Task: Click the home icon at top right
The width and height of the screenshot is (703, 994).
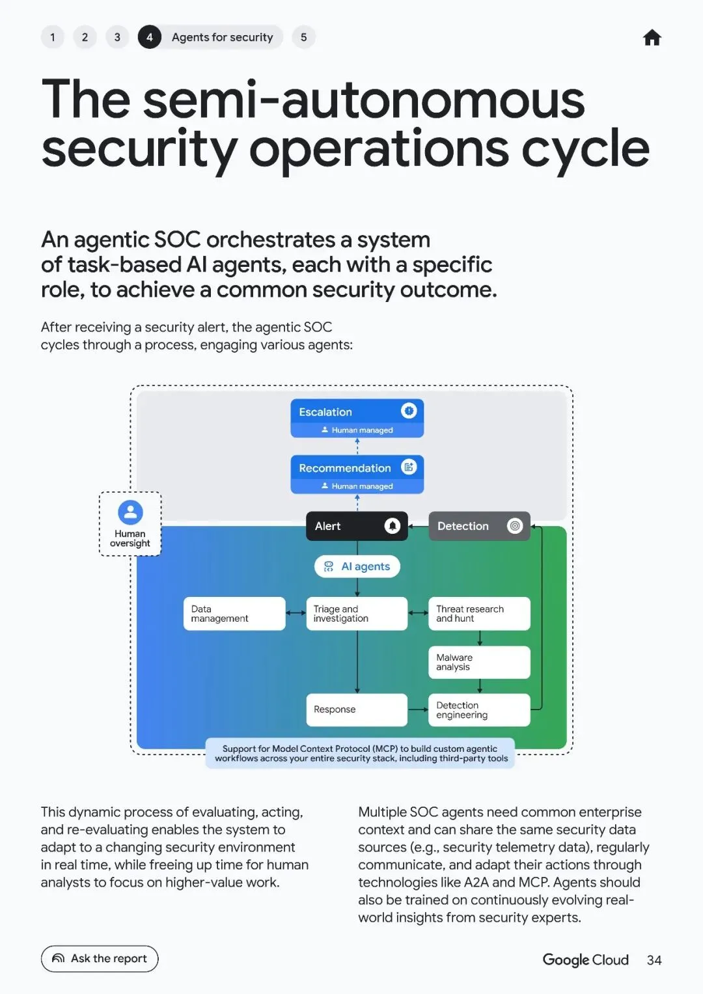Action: (x=652, y=38)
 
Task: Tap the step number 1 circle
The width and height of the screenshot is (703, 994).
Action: (x=53, y=37)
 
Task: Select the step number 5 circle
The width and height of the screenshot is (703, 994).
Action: (x=303, y=37)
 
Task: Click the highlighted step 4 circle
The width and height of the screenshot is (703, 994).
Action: (x=149, y=37)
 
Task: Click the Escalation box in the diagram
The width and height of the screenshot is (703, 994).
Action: (x=357, y=418)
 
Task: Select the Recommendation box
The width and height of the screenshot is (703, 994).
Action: (x=357, y=474)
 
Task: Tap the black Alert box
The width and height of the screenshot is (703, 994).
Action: (x=357, y=526)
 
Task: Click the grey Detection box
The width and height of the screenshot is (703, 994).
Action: (x=479, y=526)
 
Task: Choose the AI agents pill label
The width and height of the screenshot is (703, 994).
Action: (x=357, y=566)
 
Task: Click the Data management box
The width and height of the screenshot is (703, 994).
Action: (x=234, y=613)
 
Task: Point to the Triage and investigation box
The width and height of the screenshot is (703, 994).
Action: (x=357, y=613)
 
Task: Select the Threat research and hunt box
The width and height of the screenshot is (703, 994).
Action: (x=479, y=613)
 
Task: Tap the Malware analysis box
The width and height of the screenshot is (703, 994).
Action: (x=479, y=662)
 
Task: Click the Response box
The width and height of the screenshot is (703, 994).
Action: (x=357, y=710)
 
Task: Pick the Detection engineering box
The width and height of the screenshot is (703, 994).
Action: (x=479, y=710)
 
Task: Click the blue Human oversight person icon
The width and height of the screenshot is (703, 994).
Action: (x=130, y=512)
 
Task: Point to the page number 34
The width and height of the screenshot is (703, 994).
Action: (x=654, y=960)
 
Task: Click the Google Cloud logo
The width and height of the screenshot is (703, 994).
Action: (x=585, y=960)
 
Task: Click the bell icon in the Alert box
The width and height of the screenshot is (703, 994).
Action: (x=392, y=526)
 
